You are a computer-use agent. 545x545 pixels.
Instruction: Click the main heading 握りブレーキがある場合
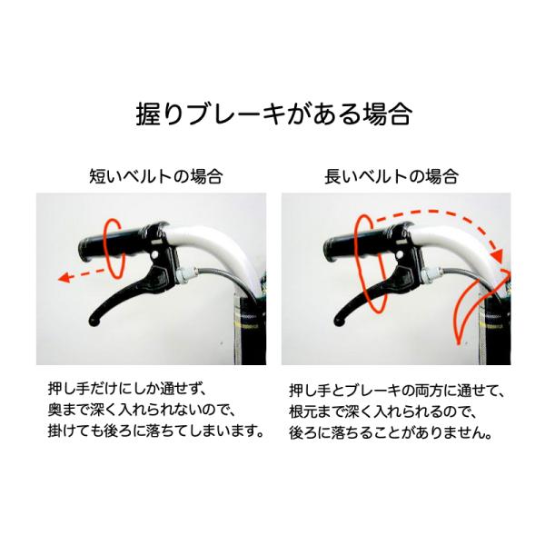[274, 114]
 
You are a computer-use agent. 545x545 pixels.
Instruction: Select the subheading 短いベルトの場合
[156, 176]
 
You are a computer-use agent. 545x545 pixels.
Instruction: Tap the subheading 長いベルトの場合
[391, 176]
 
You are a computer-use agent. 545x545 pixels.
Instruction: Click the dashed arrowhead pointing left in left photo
[64, 277]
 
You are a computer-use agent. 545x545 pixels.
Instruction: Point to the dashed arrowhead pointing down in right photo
[499, 256]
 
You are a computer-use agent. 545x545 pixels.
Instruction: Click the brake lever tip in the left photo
[94, 322]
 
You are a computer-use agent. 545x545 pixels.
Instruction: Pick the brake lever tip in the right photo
[339, 322]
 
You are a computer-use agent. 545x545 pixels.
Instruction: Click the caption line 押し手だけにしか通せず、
[128, 389]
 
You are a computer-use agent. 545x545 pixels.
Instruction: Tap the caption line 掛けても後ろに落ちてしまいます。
[155, 431]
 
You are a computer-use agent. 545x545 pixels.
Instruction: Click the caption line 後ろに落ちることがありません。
[391, 433]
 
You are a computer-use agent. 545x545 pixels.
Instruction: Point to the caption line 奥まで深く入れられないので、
[143, 411]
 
